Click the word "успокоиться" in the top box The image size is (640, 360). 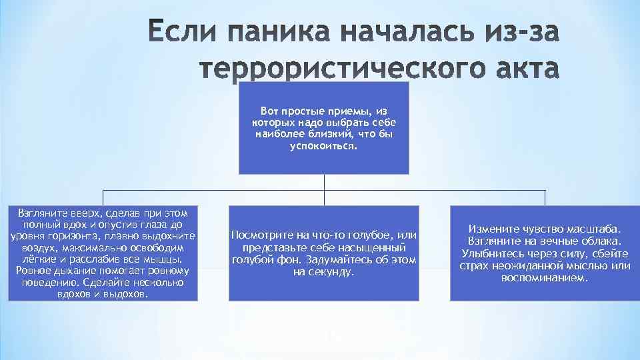(x=323, y=145)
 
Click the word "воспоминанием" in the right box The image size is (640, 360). (x=545, y=277)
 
